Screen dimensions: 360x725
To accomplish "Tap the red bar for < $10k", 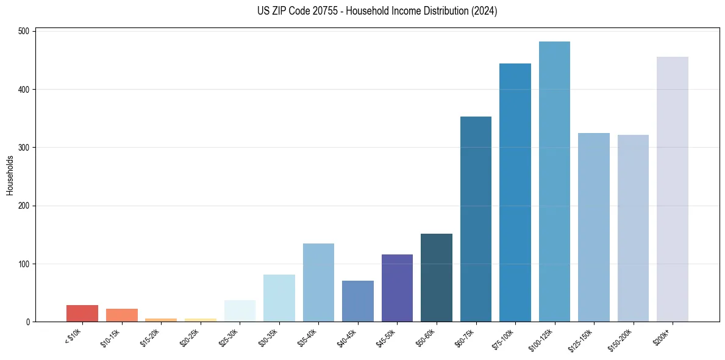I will (82, 314).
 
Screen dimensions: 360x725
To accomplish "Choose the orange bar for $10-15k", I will (122, 315).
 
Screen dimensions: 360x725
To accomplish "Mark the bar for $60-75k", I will (476, 219).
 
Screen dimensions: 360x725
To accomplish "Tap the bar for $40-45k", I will (358, 301).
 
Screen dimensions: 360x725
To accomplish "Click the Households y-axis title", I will (10, 175).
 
